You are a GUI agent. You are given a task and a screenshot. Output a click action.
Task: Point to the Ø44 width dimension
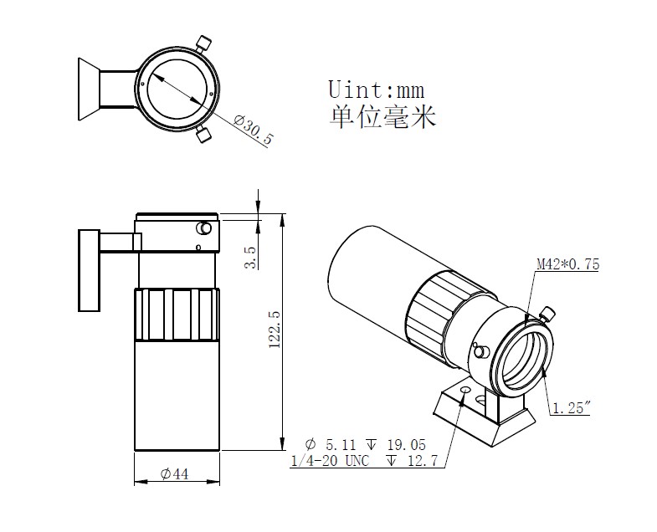click(x=174, y=474)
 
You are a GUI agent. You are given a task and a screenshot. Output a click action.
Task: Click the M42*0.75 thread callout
click(x=567, y=265)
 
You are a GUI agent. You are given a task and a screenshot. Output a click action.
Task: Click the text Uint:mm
click(x=377, y=90)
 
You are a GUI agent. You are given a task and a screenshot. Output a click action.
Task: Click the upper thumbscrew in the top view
click(x=203, y=43)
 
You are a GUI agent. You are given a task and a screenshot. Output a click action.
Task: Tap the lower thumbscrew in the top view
click(x=203, y=135)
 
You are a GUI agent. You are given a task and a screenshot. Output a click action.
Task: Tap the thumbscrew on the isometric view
click(x=548, y=315)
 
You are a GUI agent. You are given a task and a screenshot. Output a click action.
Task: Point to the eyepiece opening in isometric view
click(x=526, y=360)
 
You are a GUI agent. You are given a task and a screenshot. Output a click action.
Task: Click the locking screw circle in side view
click(x=203, y=228)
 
